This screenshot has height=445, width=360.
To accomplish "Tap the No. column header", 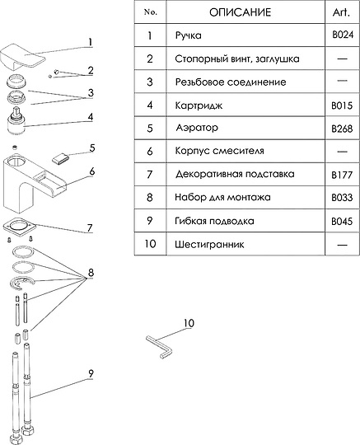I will pyautogui.click(x=149, y=12).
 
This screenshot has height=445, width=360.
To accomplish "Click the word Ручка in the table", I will pyautogui.click(x=189, y=36).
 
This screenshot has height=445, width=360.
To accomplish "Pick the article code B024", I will pyautogui.click(x=341, y=36).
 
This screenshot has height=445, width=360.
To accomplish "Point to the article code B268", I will pyautogui.click(x=341, y=129).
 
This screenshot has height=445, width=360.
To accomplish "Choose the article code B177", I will pyautogui.click(x=341, y=175).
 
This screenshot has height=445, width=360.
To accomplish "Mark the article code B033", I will pyautogui.click(x=341, y=198).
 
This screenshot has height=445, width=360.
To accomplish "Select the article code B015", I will pyautogui.click(x=341, y=105).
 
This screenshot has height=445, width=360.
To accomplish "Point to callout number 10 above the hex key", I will pyautogui.click(x=189, y=323).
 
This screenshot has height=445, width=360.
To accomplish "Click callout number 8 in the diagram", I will pyautogui.click(x=92, y=271).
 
